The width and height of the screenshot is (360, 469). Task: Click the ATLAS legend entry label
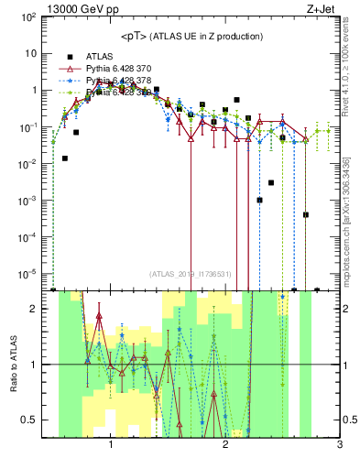99,56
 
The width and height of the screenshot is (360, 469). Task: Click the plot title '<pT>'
134,36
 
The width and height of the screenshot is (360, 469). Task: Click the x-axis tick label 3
339,445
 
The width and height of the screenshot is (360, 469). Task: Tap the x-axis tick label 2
225,445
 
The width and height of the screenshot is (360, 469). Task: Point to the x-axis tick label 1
111,445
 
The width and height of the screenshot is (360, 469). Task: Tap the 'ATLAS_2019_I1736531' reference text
191,273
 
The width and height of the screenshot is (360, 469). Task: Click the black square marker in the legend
70,56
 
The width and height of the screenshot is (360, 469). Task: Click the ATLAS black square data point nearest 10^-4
305,214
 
